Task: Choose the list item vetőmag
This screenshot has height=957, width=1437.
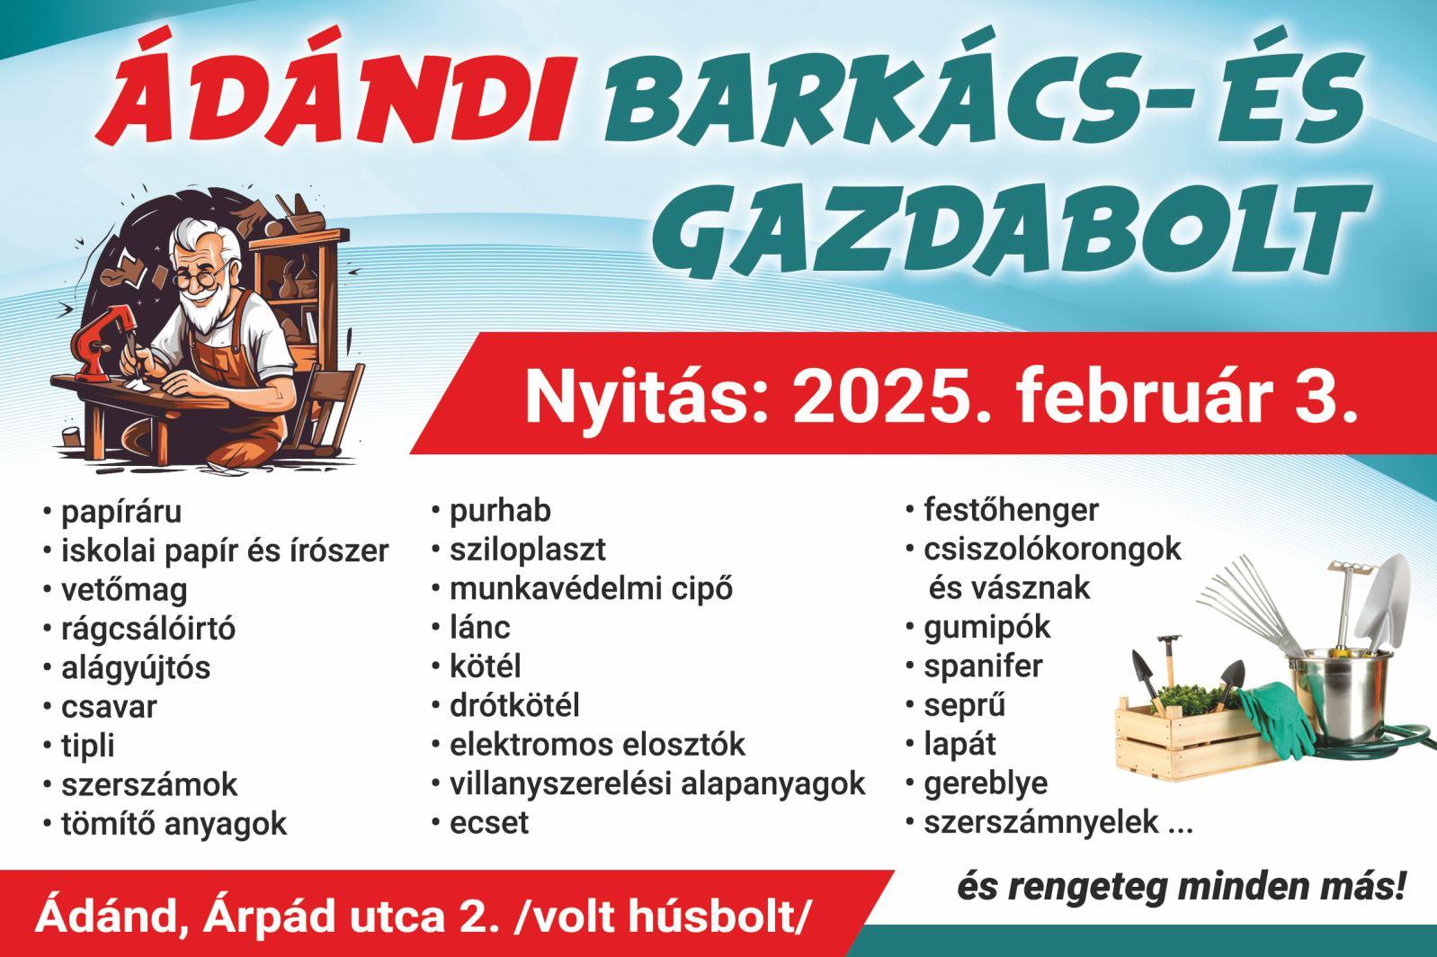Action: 124,591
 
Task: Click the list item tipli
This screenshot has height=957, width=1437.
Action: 88,747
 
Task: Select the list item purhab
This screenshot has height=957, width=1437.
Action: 500,512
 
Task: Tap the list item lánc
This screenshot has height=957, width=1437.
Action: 480,627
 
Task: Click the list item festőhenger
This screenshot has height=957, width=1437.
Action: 1011,511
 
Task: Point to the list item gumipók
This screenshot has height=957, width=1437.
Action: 986,628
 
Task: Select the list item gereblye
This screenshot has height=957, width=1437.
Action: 986,783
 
